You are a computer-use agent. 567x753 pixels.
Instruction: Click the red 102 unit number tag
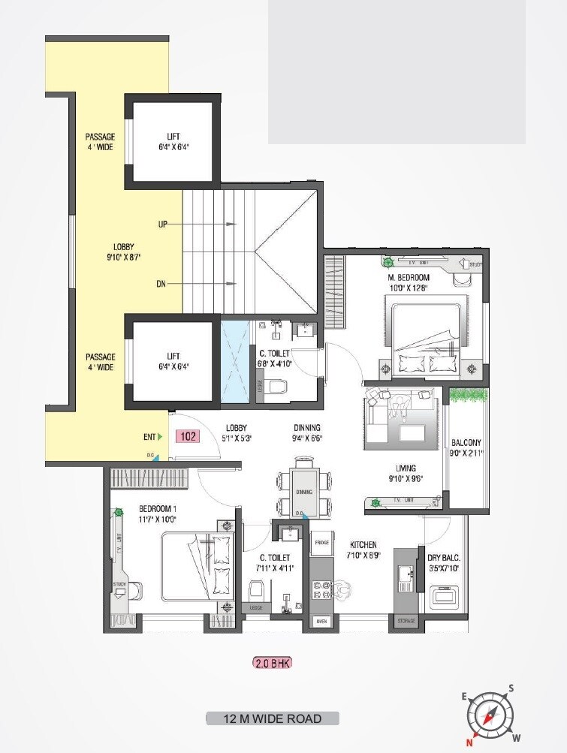188,435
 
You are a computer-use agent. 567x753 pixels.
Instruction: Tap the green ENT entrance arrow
160,436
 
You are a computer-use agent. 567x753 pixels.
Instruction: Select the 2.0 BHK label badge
272,663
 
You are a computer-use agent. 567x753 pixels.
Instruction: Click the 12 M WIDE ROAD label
273,718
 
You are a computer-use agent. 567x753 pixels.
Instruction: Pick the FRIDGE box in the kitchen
322,541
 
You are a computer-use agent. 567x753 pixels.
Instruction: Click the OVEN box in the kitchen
321,621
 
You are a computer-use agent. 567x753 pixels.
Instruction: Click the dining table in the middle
304,492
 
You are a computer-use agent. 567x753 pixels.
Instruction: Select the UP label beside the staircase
162,224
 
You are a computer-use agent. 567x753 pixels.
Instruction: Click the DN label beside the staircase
161,284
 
